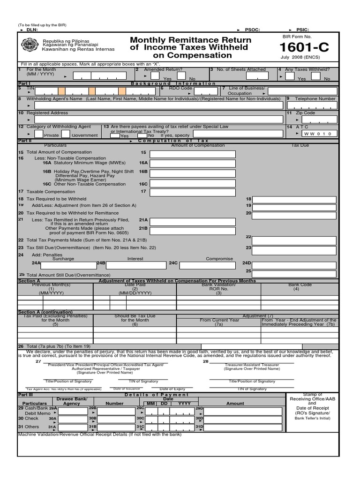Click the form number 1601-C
pyautogui.click(x=307, y=48)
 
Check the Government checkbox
pyautogui.click(x=66, y=134)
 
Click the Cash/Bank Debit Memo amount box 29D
pyautogui.click(x=244, y=411)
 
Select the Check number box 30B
pyautogui.click(x=116, y=420)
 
